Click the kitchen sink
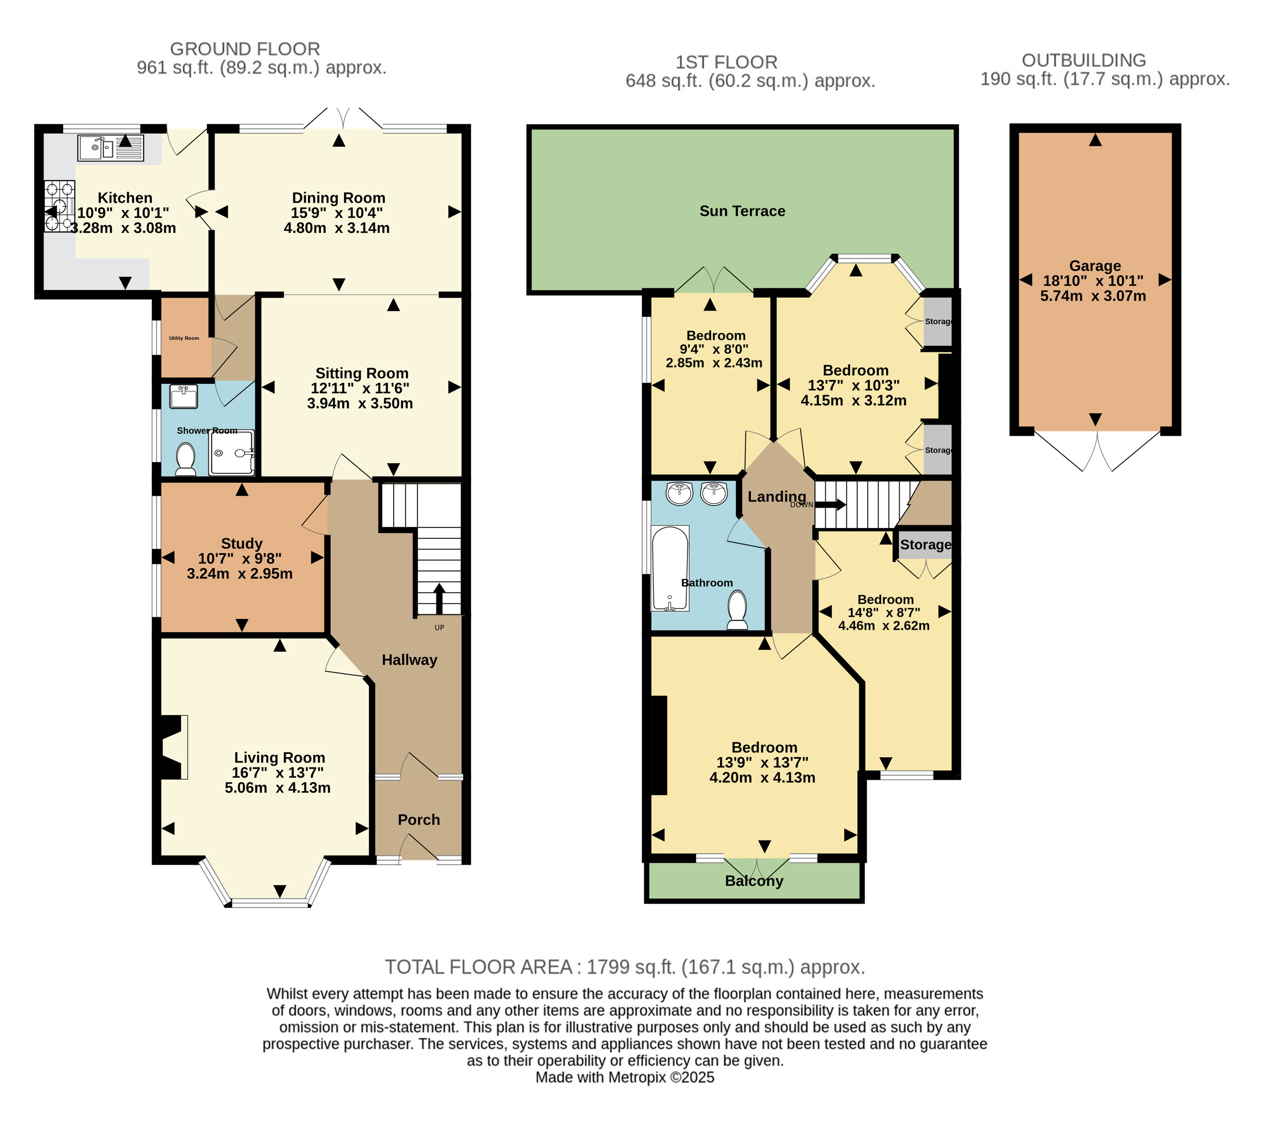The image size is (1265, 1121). pos(111,148)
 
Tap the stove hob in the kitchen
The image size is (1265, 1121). pos(59,206)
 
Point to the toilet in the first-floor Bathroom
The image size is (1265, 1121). pos(737,610)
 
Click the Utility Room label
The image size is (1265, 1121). pos(184,338)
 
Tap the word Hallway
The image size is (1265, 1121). pos(410,660)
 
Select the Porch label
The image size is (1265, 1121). pos(419,820)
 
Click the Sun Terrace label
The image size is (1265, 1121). pos(742,211)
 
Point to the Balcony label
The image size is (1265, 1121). pos(754,881)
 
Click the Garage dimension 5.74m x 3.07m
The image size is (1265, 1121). pos(1093,296)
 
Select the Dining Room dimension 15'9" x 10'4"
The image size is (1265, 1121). pos(337,213)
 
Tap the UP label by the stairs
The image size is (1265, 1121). pos(439,627)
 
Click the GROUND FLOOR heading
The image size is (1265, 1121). pos(245,49)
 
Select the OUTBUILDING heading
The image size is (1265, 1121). pos(1084,60)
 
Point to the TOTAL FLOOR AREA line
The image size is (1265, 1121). pos(625,967)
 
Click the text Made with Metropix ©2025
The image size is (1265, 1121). pos(625,1077)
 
